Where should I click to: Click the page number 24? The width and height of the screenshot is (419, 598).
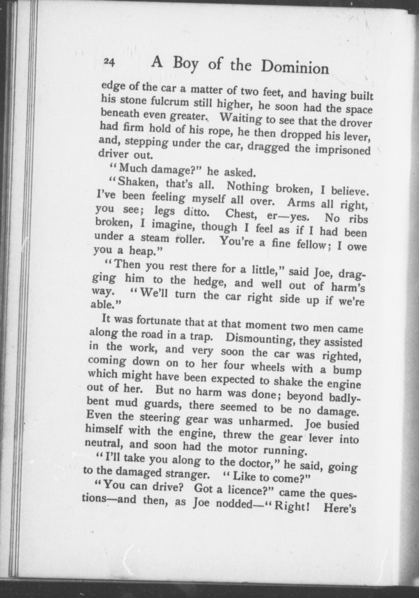click(x=110, y=62)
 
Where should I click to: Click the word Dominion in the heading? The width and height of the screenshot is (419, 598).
click(x=295, y=68)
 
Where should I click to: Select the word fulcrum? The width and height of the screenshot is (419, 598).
click(x=167, y=103)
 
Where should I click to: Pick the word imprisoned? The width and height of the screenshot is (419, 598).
click(x=343, y=150)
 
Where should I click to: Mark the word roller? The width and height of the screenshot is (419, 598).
click(x=190, y=239)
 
